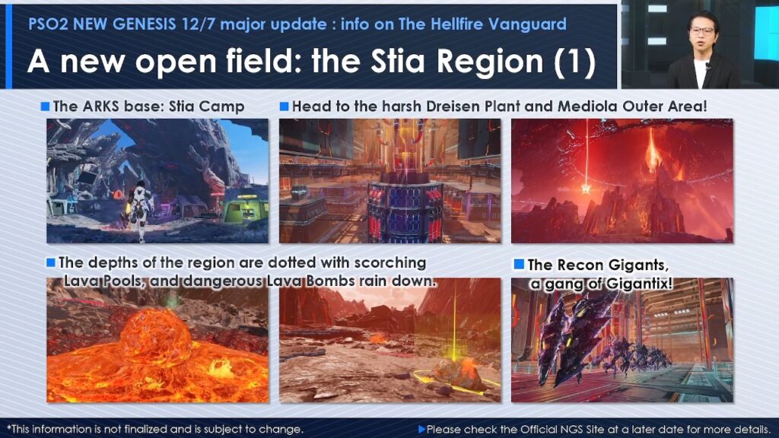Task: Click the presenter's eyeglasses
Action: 701,31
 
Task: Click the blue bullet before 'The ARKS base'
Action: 45,106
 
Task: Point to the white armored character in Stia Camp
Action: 140,211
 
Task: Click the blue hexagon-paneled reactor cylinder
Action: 405,212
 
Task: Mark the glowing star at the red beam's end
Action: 586,189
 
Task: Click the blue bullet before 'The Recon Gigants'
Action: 519,264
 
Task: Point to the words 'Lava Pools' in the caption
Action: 104,281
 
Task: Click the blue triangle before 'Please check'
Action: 421,429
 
